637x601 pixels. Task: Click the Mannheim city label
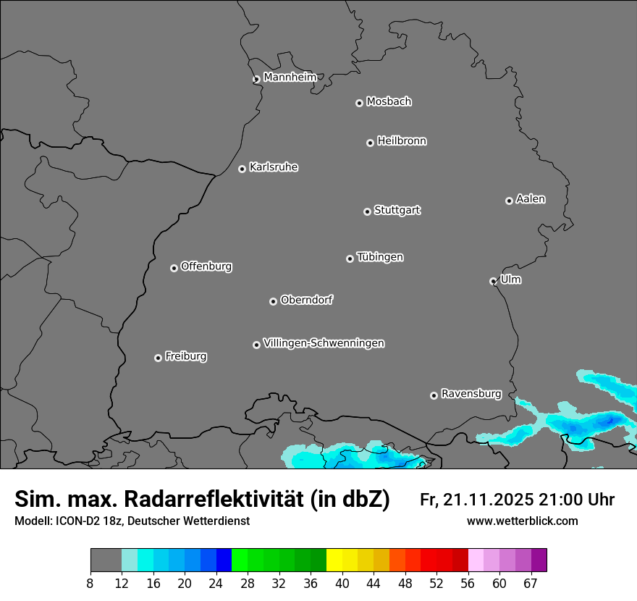click(x=290, y=77)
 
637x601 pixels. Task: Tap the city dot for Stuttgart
click(x=367, y=211)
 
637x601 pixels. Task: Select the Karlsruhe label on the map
click(x=274, y=167)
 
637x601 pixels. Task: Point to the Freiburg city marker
click(x=158, y=358)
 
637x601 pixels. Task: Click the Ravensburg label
click(x=471, y=394)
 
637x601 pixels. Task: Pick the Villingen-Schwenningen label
click(x=324, y=343)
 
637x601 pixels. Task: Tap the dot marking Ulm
click(x=493, y=281)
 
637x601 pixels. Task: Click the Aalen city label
click(x=531, y=199)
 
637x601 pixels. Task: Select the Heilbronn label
click(x=402, y=141)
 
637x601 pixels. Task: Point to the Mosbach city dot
click(x=359, y=103)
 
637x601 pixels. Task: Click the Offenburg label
click(x=206, y=266)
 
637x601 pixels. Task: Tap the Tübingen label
click(x=380, y=257)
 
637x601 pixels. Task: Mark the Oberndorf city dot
click(x=273, y=301)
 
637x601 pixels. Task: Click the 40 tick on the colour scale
click(x=342, y=584)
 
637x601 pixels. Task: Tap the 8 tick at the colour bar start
click(x=90, y=584)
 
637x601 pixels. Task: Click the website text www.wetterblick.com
click(x=522, y=521)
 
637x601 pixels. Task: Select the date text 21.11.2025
click(x=489, y=500)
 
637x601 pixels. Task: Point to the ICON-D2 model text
click(x=76, y=521)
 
